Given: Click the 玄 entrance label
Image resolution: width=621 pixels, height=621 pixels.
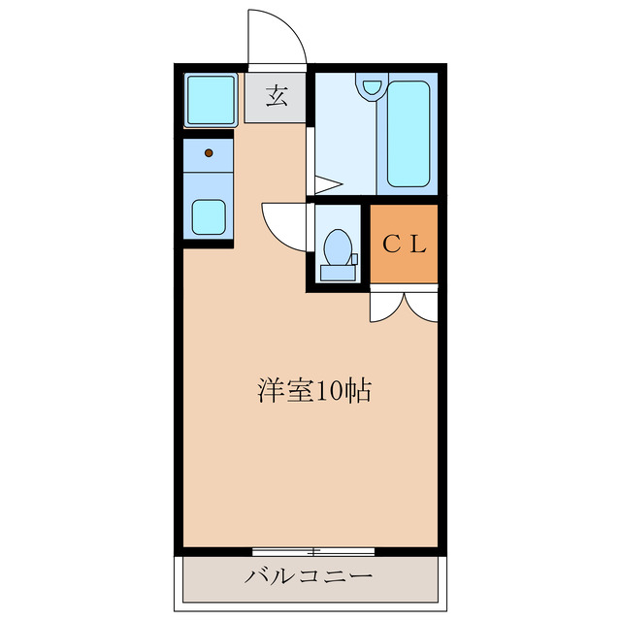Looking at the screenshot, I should coord(277,96).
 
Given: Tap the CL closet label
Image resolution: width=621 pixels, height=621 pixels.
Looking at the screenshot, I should coord(403,244).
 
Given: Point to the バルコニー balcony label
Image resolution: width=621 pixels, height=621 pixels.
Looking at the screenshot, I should coord(309,576).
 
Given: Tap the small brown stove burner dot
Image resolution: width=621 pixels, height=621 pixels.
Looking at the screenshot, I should coord(210,152).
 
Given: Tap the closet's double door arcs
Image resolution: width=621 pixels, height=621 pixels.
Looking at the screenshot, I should coord(404,305).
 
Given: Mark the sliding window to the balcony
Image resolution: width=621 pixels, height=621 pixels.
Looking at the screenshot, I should coord(313,551).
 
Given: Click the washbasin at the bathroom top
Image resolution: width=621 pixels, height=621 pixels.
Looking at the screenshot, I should coord(370,86).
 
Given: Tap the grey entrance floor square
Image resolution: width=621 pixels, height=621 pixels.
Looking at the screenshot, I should coord(276,97).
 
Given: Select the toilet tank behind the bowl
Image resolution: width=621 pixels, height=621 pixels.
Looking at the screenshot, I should coord(338,272).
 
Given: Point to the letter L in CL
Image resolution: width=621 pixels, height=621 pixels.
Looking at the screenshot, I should coord(416,244).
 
